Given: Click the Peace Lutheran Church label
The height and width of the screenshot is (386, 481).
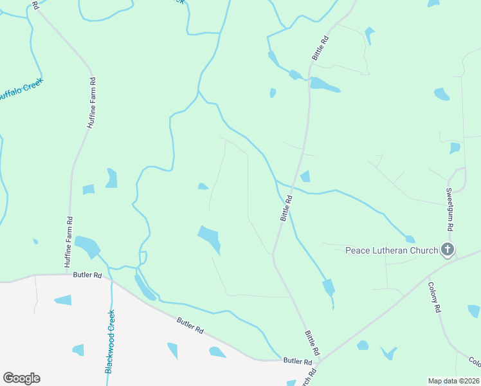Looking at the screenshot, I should tap(392, 250).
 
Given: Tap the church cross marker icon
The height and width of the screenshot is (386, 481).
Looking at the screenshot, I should tap(448, 250).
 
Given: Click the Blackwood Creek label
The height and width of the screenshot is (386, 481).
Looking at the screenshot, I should tap(110, 342).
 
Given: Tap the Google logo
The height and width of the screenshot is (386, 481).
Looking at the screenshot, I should tap(21, 378).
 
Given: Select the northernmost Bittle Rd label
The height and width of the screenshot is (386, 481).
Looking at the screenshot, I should tap(320, 48).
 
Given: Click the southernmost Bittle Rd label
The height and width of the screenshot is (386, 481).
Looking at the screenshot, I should tap(312, 343).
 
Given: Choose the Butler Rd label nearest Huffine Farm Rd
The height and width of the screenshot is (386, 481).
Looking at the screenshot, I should tap(89, 275).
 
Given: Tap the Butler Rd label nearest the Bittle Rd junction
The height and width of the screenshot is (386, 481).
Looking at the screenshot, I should tap(297, 362).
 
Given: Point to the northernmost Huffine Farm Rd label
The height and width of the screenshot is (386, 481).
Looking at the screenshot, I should tap(91, 103).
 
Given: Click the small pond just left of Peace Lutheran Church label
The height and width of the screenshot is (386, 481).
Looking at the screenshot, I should tap(410, 239).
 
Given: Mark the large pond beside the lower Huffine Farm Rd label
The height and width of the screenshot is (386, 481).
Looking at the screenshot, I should tap(87, 245).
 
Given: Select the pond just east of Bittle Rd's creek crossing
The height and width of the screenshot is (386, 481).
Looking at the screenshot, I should tap(305, 176).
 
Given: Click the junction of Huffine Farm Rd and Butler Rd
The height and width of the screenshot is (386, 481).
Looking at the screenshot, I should tap(67, 274).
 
